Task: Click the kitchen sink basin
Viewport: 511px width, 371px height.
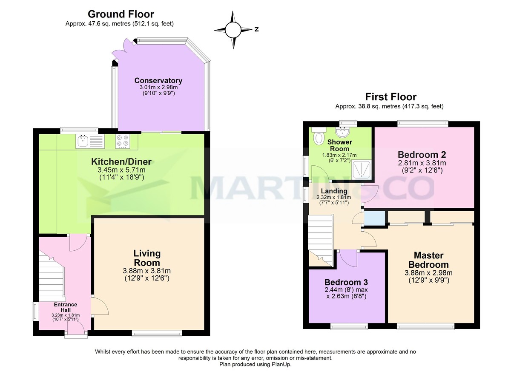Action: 83,141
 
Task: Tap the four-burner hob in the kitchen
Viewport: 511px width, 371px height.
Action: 123,142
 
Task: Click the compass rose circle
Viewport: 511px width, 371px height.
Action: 233,30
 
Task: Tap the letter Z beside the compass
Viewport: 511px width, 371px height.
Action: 257,29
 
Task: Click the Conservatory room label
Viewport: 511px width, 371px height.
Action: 158,81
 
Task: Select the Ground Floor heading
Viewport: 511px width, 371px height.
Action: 121,14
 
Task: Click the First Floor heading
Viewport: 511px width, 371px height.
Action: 391,97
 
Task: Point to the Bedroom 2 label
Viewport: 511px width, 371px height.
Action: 422,155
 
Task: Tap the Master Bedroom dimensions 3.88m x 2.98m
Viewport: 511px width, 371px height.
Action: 428,273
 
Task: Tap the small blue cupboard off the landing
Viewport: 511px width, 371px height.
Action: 374,218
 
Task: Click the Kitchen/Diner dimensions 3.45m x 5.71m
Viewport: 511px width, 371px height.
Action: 121,170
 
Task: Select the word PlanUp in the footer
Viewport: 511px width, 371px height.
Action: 281,364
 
